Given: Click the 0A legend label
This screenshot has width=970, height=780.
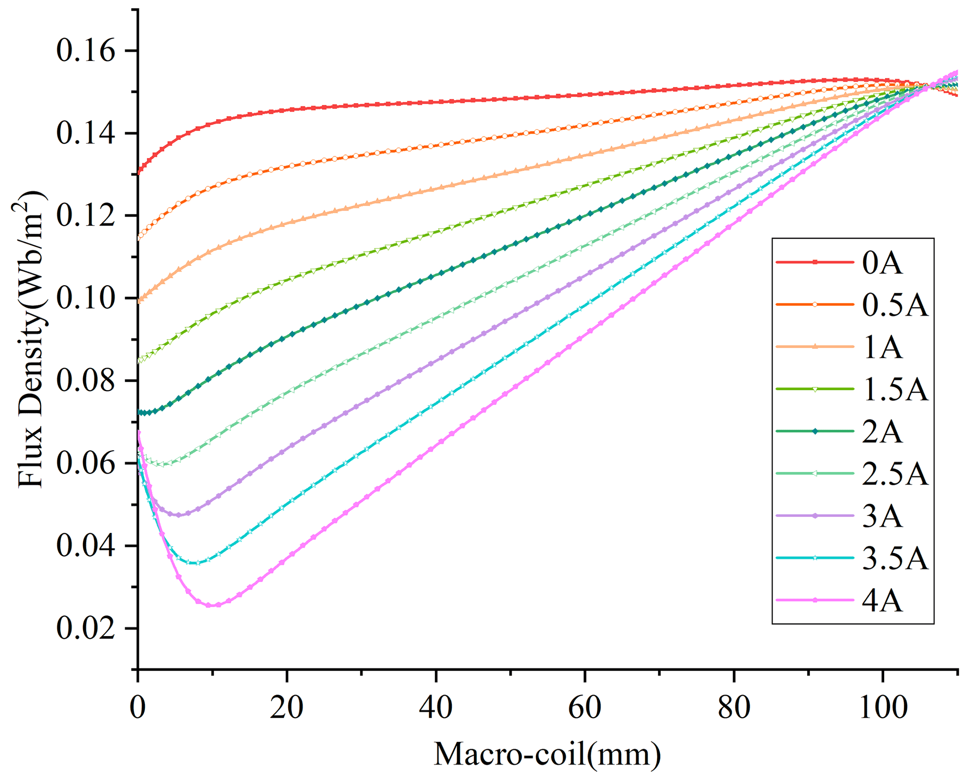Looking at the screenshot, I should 882,264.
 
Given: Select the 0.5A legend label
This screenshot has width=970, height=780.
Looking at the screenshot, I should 895,306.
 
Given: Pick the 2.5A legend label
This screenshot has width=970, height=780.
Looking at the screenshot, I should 895,475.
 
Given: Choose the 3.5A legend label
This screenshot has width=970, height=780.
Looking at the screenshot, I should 895,559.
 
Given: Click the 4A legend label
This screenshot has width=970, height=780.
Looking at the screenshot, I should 882,601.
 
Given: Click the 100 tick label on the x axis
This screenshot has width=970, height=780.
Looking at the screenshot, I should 883,707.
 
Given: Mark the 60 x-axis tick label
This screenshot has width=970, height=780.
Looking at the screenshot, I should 585,707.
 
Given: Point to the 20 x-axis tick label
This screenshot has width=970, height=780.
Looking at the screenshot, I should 287,707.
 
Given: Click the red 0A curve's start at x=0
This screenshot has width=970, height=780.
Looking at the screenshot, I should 138,173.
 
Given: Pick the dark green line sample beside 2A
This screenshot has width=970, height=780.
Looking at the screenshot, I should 815,431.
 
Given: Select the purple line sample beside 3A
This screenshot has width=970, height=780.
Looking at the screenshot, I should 815,515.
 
